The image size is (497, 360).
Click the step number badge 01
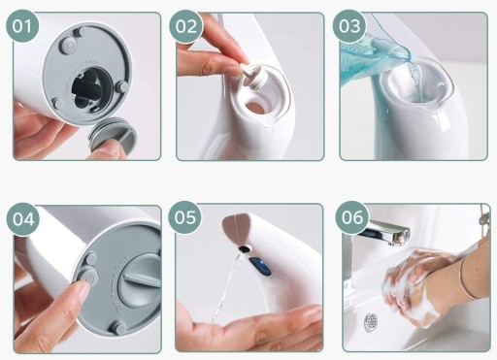pos(22,26)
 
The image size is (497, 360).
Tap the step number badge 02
pos(186,26)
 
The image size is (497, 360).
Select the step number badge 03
pos(349,26)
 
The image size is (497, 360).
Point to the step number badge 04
pos(23,219)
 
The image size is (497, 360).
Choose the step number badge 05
pos(184,217)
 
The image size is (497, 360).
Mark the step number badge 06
pos(352,217)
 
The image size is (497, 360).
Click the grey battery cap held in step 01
pos(113,138)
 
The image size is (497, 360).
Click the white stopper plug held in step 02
pos(252,77)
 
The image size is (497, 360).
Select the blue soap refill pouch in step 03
pos(372,60)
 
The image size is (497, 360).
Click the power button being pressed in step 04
pos(85,278)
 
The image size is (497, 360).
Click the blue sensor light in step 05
pos(260,266)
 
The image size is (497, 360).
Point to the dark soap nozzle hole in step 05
pos(246,249)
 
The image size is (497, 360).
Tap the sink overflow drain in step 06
pos(371,322)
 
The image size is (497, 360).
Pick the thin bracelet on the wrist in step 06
pos(466,278)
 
